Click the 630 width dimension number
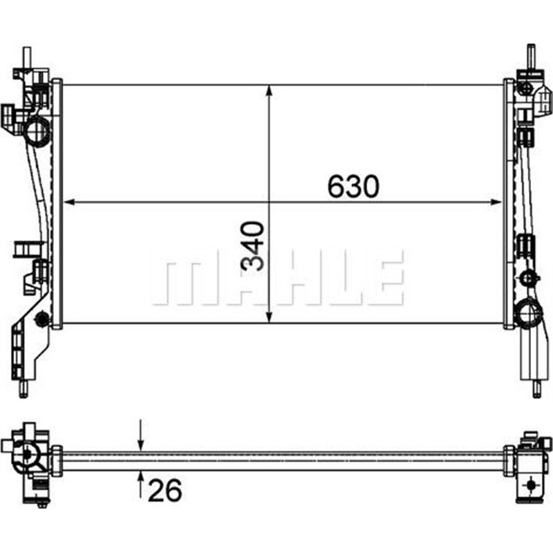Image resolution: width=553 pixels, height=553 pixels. (353, 186)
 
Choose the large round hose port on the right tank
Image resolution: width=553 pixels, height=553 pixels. (528, 315)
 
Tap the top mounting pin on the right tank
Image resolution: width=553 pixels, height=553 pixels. (532, 55)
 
